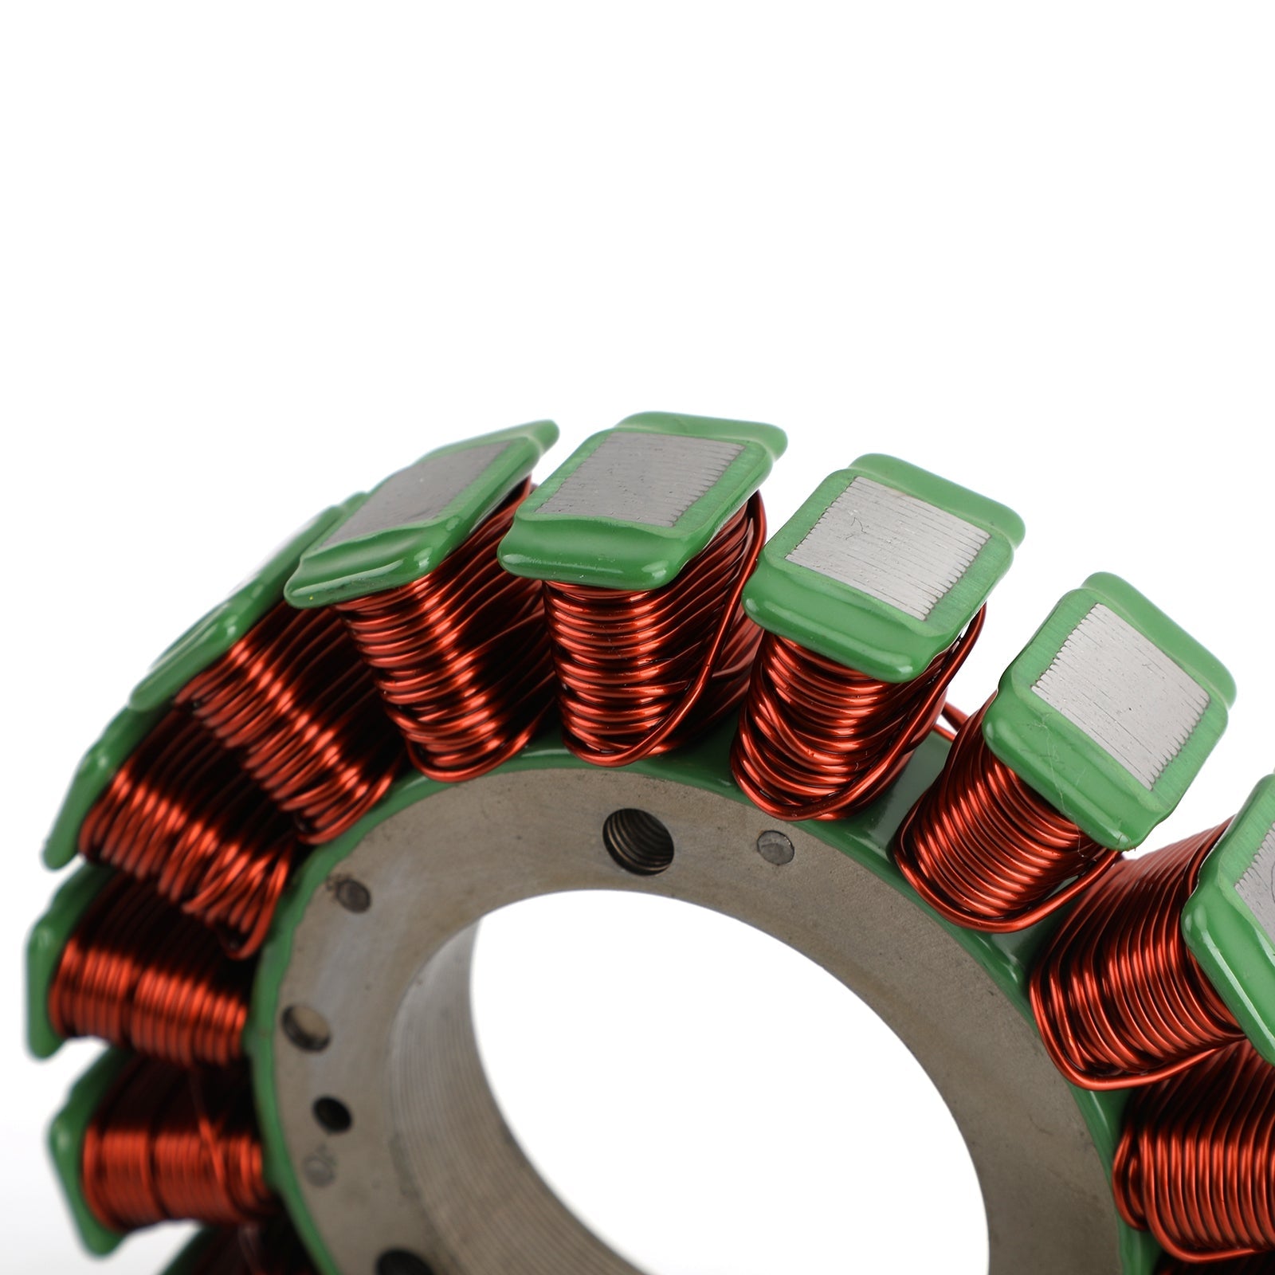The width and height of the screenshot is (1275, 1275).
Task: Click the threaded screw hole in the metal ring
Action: click(x=637, y=841)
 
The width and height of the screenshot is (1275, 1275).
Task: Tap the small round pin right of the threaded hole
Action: click(x=775, y=848)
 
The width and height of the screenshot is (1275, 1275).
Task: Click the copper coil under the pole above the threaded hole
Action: click(x=645, y=661)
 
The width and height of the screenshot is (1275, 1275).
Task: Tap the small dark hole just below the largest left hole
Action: click(x=331, y=1114)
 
